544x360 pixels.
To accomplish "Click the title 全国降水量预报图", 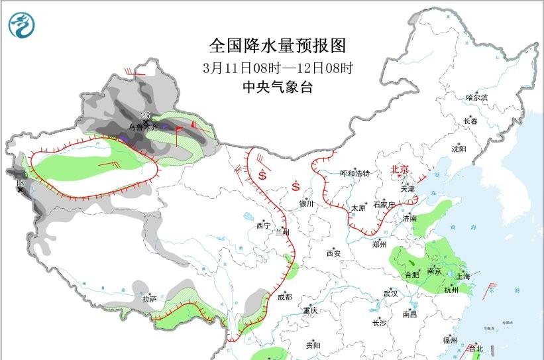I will coord(278,46).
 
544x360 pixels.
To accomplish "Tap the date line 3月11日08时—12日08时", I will coord(278,68).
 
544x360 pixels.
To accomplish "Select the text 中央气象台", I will coord(278,88).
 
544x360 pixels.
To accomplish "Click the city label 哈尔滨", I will coord(476,97).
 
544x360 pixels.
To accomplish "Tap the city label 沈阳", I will coord(459,149).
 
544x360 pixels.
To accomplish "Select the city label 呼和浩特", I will coord(354,174).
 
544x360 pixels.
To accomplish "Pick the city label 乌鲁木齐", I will coord(143,127).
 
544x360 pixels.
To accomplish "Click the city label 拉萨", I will coord(149,298).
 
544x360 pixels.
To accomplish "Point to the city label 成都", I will coord(285,297).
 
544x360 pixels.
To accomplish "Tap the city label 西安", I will coord(333,253).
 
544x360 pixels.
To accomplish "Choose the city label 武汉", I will coord(390,293).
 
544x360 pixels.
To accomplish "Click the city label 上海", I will coord(463,276).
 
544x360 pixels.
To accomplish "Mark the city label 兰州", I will coord(283,232).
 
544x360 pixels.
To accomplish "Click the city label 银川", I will coord(305,204).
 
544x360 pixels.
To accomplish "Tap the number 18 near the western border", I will coord(20,182).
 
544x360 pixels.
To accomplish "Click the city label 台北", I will coord(476,348).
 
